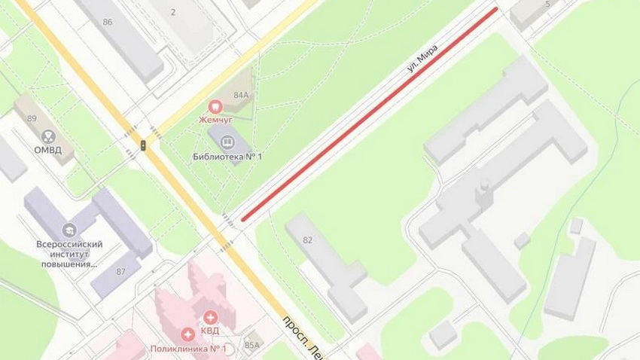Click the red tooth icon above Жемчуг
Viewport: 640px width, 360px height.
coord(215,107)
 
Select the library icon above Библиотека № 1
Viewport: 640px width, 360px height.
coord(227,141)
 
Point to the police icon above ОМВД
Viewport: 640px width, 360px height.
coord(48,136)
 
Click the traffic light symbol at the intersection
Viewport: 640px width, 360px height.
coord(144,145)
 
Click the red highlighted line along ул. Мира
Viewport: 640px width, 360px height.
coord(369,114)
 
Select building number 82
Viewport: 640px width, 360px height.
coord(307,239)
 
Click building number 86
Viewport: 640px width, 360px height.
coord(108,22)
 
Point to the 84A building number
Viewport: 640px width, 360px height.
coord(241,95)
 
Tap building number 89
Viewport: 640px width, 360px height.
coord(32,118)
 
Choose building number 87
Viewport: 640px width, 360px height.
coord(120,270)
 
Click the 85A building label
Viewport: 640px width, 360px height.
coord(251,345)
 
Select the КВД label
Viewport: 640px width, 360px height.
coord(209,332)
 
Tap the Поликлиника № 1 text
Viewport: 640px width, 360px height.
coord(188,348)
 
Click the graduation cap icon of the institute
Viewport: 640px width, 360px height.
coord(69,230)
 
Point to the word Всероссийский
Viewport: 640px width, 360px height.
coord(69,244)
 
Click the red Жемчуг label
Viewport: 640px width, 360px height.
coord(215,120)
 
